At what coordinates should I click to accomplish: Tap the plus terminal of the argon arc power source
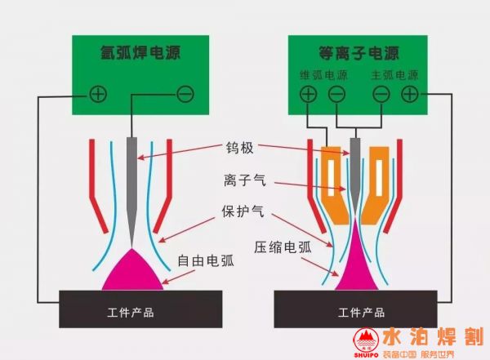98,94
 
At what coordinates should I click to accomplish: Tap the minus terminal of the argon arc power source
185,94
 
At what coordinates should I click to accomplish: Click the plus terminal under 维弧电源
308,94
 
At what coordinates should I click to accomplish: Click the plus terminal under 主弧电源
408,94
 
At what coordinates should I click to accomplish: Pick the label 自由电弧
205,262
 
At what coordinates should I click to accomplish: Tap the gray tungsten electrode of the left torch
132,180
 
